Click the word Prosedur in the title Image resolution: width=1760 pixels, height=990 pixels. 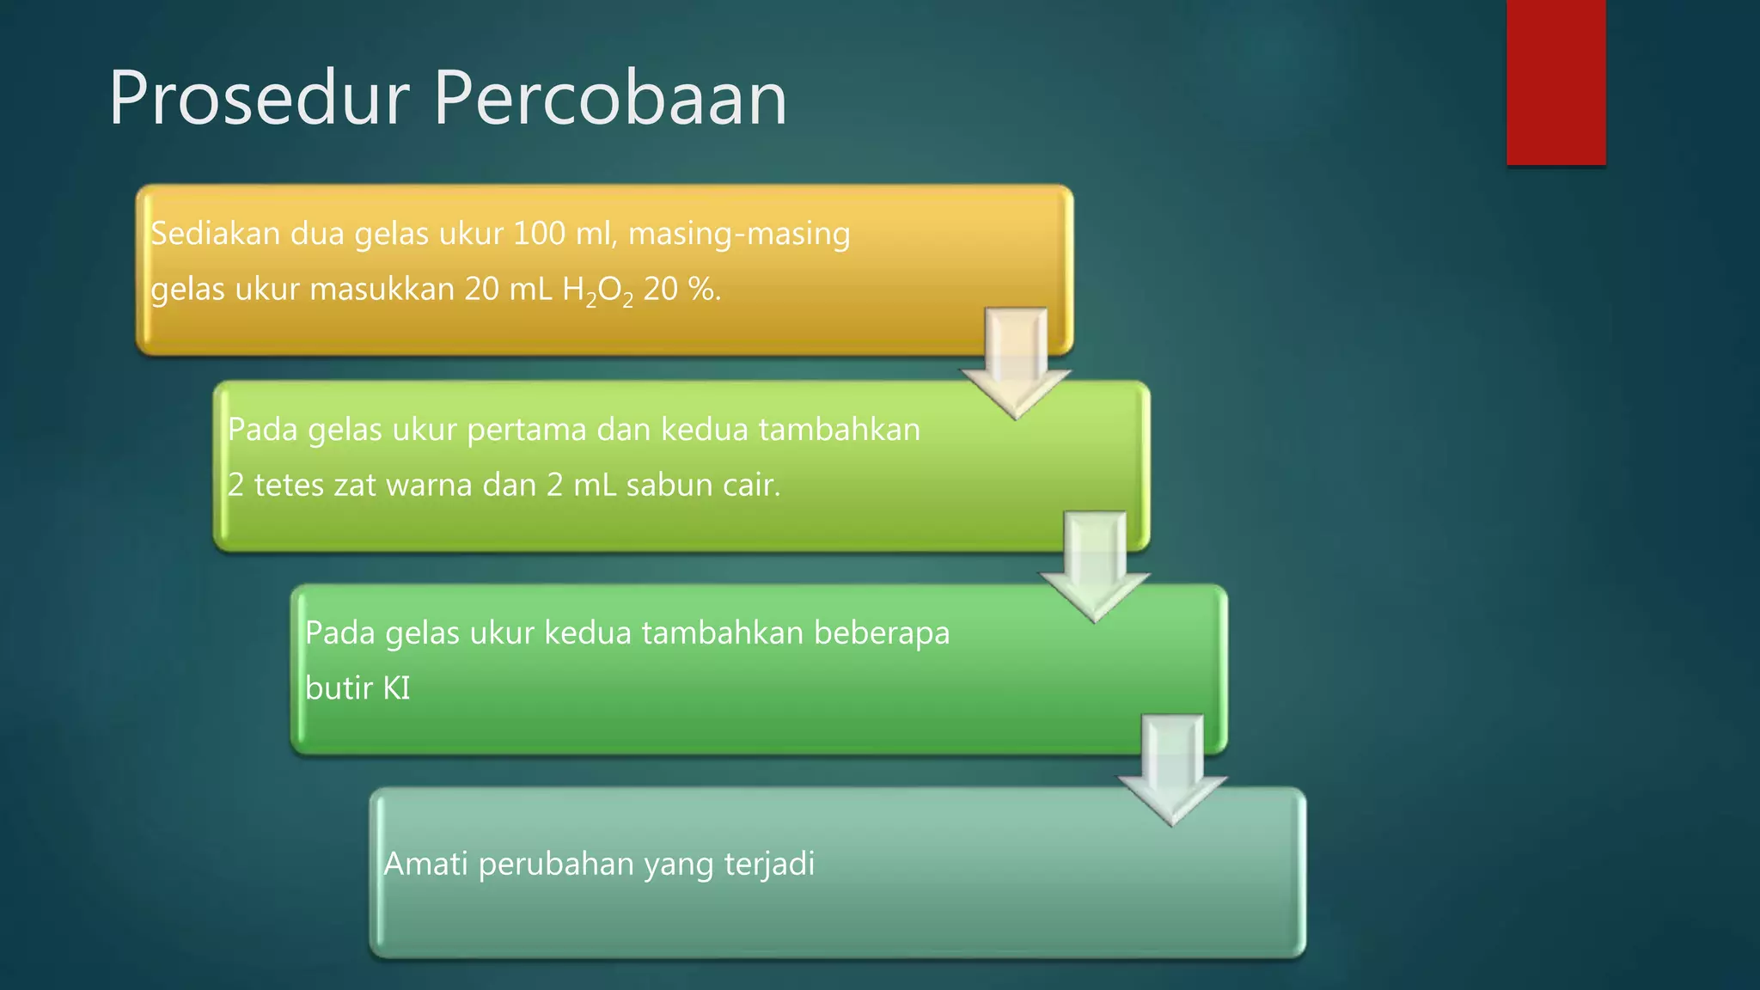(258, 99)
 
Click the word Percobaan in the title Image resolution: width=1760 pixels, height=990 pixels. (610, 99)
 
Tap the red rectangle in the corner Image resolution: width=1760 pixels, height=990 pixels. (1555, 82)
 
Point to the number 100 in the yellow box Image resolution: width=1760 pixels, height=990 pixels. (539, 234)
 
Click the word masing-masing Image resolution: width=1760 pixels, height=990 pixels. (739, 234)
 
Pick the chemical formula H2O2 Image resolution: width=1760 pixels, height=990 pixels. (597, 290)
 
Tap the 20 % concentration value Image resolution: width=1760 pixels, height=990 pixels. (681, 290)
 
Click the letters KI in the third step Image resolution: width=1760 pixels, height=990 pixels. (396, 688)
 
